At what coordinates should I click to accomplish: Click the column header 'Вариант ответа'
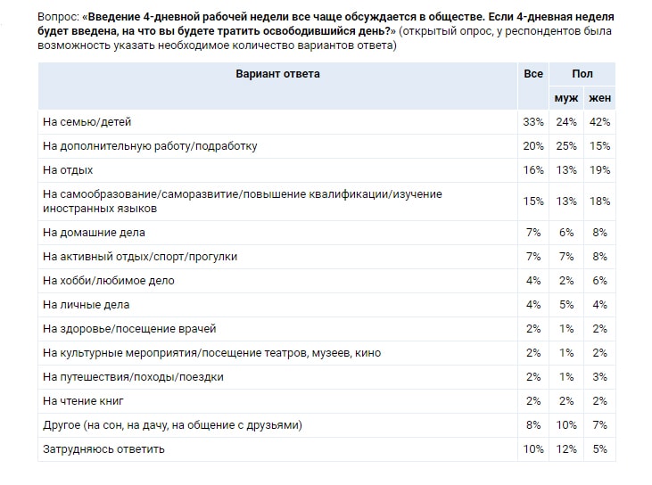(x=277, y=74)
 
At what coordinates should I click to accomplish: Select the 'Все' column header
(x=533, y=74)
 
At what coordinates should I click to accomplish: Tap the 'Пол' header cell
(x=582, y=74)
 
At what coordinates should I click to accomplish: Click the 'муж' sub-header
(x=566, y=97)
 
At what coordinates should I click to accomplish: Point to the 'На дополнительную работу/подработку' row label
(x=151, y=144)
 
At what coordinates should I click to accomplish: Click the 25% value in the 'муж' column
(x=566, y=144)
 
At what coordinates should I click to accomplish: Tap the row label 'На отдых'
(x=68, y=169)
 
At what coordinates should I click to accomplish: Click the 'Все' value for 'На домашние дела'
(x=534, y=232)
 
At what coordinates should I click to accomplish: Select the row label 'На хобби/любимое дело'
(x=108, y=280)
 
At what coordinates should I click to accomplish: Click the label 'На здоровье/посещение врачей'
(x=129, y=328)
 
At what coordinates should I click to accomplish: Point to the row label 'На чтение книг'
(x=84, y=400)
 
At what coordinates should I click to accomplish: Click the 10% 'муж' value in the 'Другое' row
(x=566, y=424)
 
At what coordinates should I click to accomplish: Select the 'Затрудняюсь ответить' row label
(x=103, y=448)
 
